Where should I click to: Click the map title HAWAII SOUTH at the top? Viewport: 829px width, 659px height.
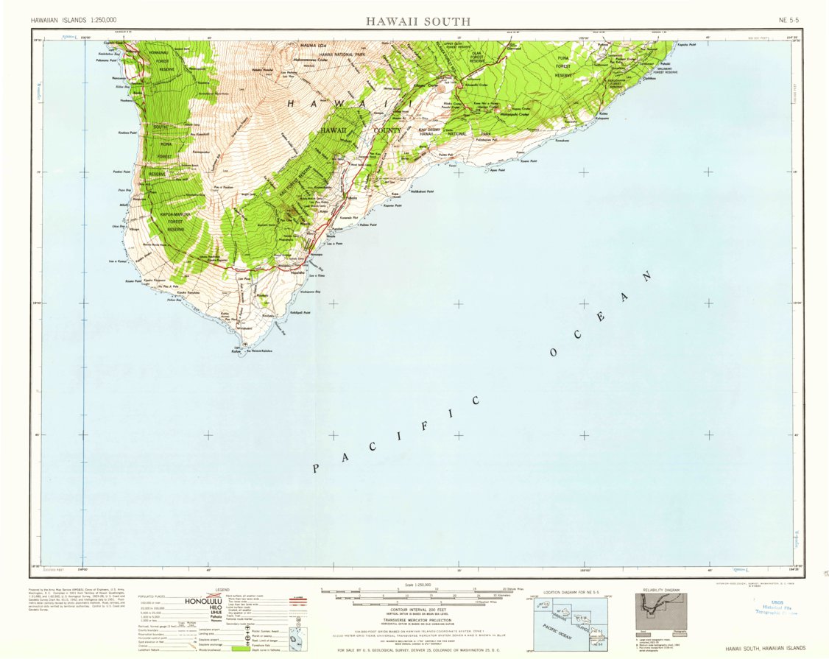417,21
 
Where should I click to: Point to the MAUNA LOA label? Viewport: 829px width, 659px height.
311,46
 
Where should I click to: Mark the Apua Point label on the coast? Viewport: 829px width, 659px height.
496,170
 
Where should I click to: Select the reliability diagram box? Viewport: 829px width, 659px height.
661,611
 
